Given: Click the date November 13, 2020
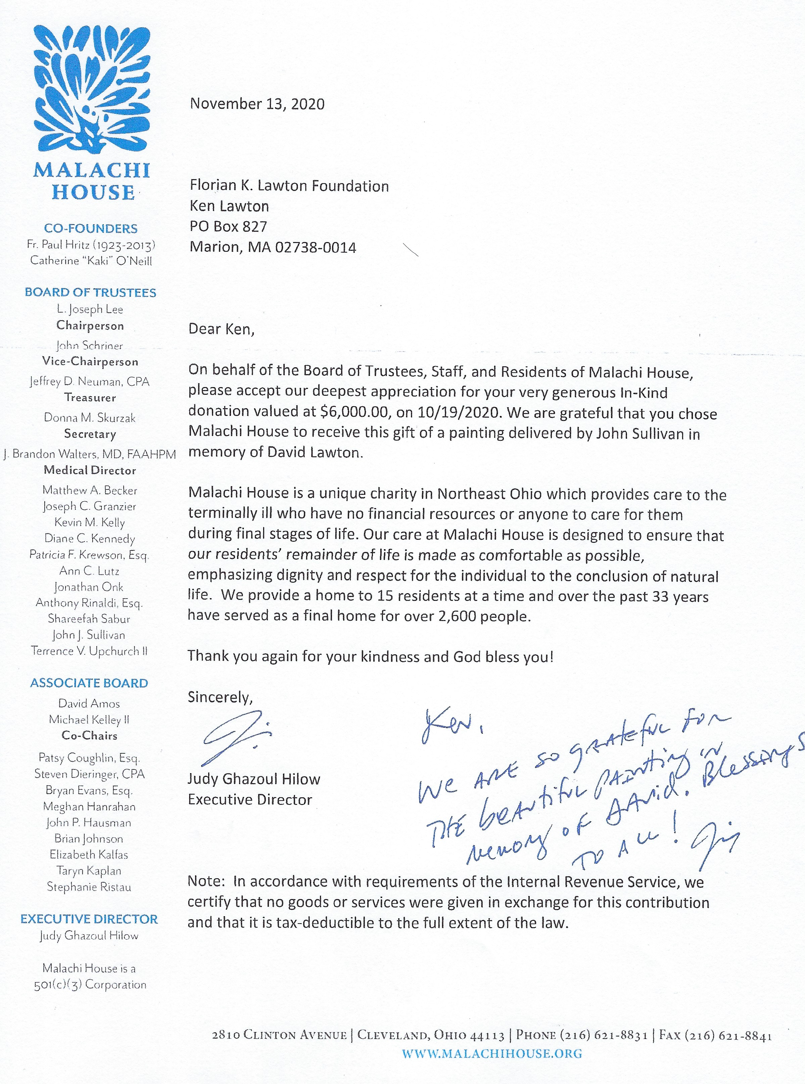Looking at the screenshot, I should click(x=257, y=104).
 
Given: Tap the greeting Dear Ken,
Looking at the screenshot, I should click(x=221, y=329).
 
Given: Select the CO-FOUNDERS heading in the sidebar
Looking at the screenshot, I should click(x=91, y=229).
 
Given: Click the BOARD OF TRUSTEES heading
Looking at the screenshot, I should click(x=91, y=292).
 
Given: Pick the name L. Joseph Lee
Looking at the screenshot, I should click(x=90, y=310).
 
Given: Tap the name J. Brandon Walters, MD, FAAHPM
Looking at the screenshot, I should click(x=90, y=454).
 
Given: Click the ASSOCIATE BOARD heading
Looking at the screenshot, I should click(x=89, y=683).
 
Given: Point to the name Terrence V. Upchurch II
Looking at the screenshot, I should click(x=89, y=651).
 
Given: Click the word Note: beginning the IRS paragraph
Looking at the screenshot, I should click(x=206, y=882).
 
